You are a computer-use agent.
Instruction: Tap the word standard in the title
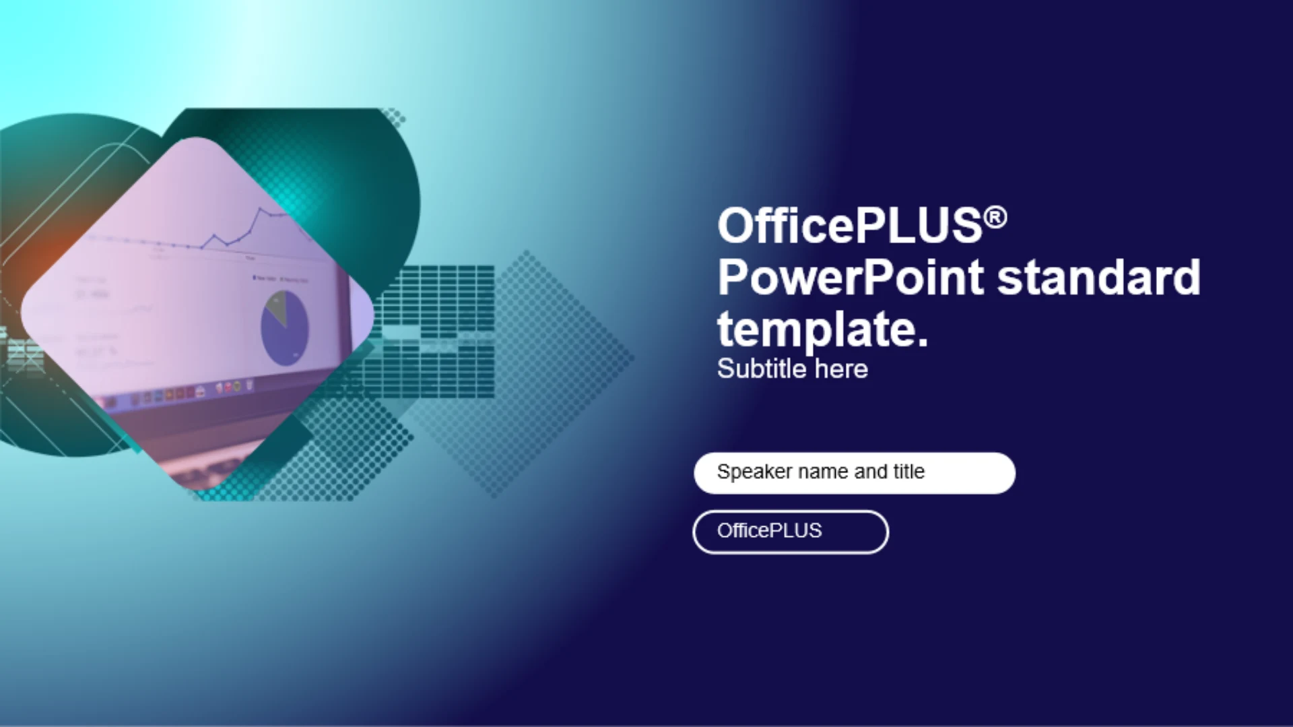(x=1099, y=277)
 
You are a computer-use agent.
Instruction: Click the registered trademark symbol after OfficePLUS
(x=995, y=218)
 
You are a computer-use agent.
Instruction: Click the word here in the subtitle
(x=841, y=369)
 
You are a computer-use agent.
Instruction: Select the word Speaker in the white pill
(x=754, y=472)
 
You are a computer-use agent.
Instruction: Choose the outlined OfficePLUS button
(x=791, y=532)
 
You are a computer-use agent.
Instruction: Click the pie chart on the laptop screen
(x=285, y=327)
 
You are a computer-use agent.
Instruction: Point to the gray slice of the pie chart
(x=276, y=307)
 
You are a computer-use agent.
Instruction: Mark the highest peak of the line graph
(x=260, y=209)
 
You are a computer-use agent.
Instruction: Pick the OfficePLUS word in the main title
(x=850, y=226)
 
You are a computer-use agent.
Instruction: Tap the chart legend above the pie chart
(x=280, y=278)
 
